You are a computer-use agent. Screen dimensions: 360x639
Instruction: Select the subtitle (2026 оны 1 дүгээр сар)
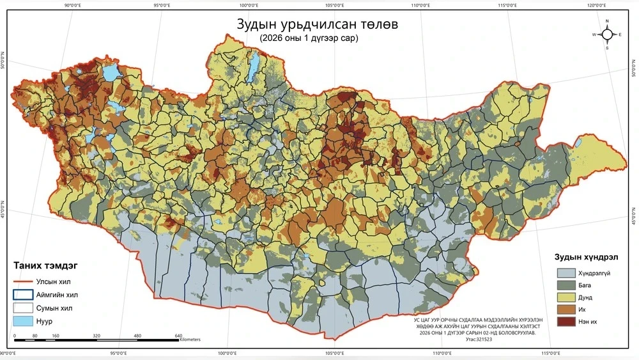pos(309,38)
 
